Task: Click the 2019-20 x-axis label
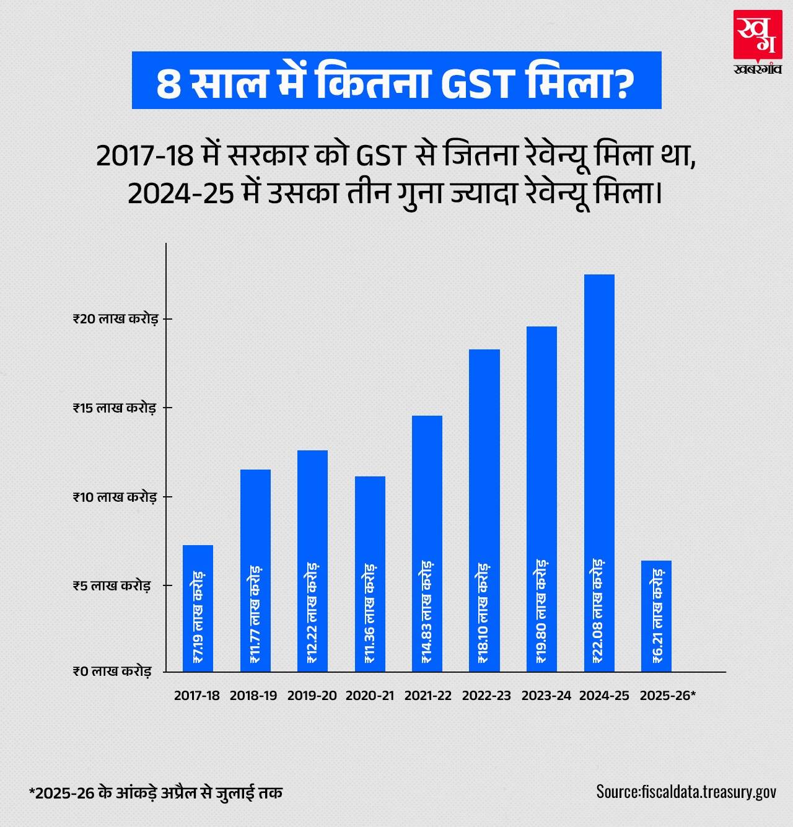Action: tap(312, 696)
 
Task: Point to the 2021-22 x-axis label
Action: tap(428, 696)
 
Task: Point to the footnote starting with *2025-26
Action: tap(156, 793)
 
